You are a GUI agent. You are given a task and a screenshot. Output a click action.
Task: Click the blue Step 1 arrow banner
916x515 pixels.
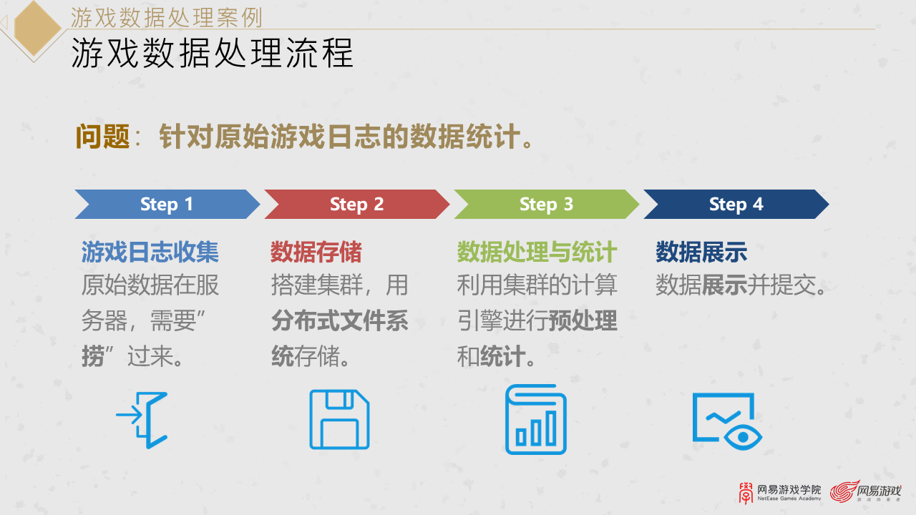(167, 205)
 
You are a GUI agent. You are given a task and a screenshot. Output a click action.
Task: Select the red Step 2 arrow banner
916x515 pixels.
(356, 205)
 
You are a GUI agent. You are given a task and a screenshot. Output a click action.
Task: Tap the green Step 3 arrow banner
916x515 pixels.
(546, 205)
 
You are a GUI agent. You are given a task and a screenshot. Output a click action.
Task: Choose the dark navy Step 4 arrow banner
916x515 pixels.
(736, 205)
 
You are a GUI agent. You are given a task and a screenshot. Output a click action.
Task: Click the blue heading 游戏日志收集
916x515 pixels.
(150, 252)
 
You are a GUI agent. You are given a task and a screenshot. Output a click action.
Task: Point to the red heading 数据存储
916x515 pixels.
(316, 252)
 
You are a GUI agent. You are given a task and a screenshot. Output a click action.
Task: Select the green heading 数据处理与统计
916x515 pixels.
(537, 252)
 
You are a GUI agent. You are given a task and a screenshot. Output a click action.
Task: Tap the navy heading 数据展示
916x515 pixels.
(701, 252)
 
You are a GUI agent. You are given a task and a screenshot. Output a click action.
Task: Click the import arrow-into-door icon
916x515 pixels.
(142, 420)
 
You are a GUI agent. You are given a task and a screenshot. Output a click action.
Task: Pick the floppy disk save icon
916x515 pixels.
(339, 420)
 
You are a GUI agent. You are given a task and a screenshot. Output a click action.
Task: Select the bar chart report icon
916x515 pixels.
(536, 420)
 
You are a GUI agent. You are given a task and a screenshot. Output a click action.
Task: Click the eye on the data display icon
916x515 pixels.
(744, 436)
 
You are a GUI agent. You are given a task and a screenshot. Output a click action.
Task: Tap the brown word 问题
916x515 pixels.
(102, 137)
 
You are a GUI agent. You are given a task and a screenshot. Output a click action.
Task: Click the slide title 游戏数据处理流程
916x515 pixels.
(212, 54)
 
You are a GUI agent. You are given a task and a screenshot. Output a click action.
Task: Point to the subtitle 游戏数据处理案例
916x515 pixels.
(166, 16)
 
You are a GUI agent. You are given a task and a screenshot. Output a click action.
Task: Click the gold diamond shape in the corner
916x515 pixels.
(36, 29)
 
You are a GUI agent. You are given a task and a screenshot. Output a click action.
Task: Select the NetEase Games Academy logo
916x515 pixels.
(780, 492)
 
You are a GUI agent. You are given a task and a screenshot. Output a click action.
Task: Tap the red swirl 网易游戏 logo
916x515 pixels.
(866, 492)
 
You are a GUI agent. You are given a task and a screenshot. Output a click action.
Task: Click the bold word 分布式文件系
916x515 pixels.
(339, 321)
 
